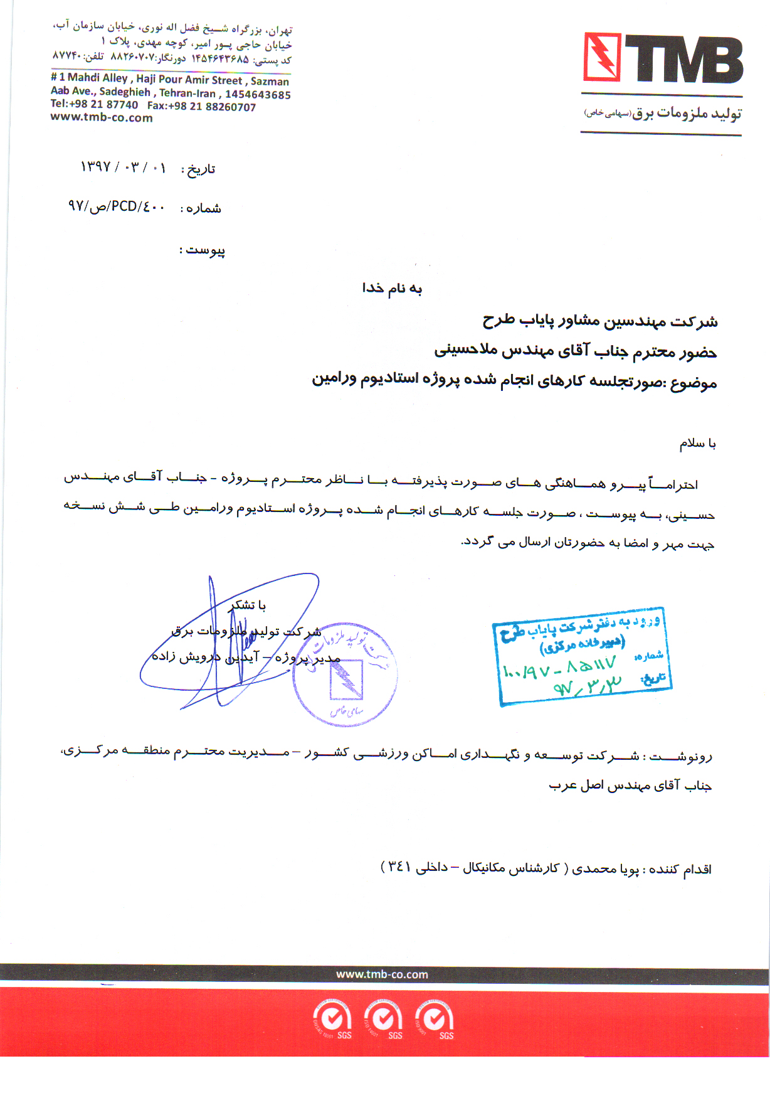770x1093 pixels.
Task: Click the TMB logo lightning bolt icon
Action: [x=602, y=57]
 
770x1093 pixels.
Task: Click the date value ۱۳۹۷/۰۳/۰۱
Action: [x=123, y=168]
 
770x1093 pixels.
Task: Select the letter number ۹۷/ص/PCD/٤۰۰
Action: [x=117, y=206]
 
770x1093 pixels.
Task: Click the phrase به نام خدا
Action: [x=392, y=288]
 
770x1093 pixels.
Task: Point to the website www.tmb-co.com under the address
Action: [x=102, y=118]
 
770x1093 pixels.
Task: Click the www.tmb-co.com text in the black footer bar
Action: [x=382, y=974]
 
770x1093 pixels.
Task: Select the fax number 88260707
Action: [x=223, y=107]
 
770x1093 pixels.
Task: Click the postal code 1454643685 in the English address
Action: [x=258, y=95]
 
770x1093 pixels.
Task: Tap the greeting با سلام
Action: [x=697, y=444]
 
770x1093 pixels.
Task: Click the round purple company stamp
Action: [x=345, y=675]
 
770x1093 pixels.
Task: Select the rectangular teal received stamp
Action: [x=584, y=656]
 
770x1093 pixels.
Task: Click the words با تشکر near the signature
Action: [x=248, y=605]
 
